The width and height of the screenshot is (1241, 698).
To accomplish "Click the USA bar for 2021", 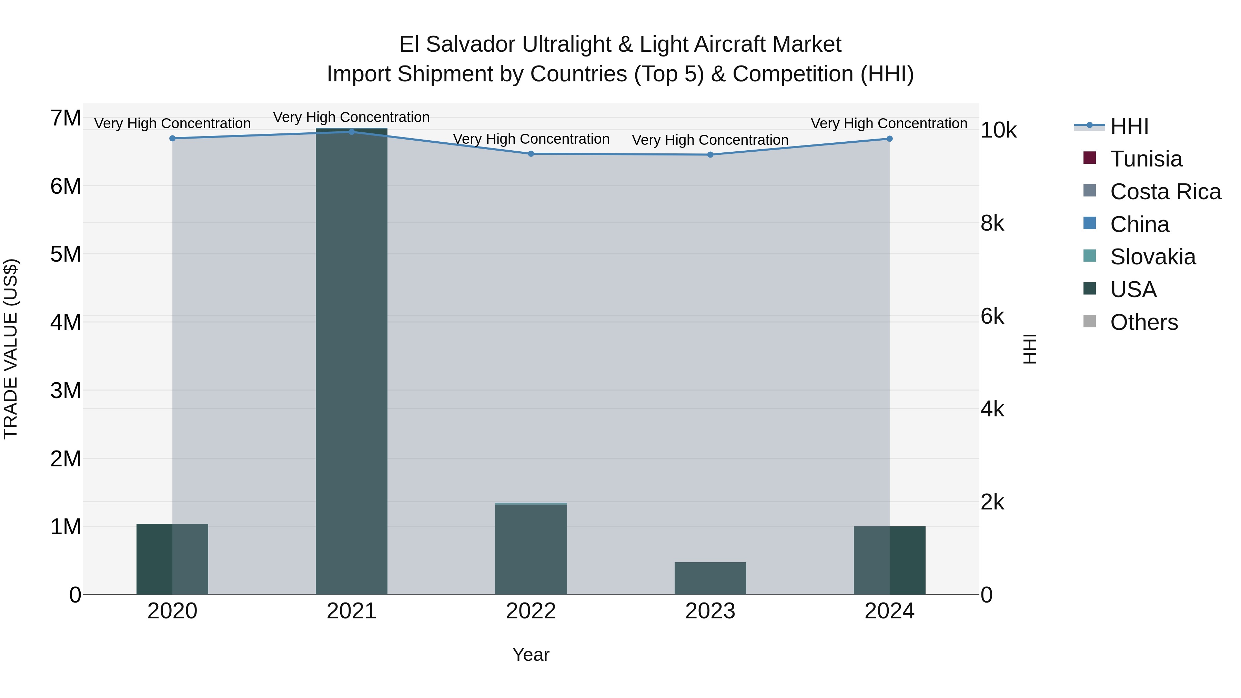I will [351, 361].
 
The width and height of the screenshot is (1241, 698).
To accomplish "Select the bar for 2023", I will [710, 578].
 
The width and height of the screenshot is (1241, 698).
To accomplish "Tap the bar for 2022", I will [531, 549].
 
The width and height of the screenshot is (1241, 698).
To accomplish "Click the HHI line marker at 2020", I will [172, 138].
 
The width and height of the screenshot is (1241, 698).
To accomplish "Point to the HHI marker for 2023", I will [710, 155].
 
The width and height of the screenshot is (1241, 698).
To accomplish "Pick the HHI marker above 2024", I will [889, 139].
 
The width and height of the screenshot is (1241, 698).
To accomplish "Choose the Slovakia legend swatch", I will [1089, 256].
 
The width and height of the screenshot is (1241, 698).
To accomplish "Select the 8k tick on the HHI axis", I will [992, 223].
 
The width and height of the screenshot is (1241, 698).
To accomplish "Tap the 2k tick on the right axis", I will [992, 503].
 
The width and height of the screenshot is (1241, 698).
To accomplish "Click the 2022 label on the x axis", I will [531, 611].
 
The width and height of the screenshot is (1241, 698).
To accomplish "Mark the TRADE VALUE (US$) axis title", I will [11, 349].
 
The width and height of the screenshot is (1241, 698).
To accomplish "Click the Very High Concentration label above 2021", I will [351, 117].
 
